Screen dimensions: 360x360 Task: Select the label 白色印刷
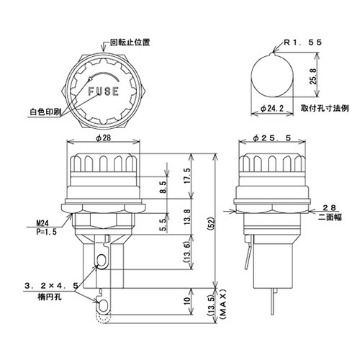tap(45, 112)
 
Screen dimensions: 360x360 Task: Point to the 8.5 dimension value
tap(163, 189)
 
